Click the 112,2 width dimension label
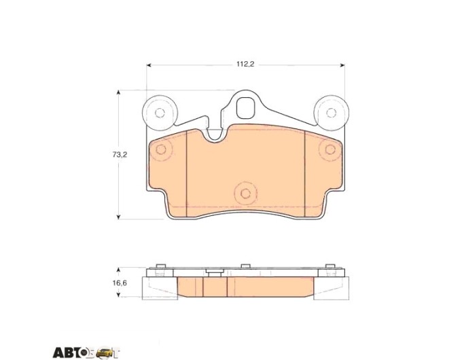pos(245,65)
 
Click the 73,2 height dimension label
pos(120,154)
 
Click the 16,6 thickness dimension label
pos(120,283)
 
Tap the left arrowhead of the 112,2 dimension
pos(149,65)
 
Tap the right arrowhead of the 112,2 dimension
pos(342,65)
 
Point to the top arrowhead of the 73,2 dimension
pos(118,92)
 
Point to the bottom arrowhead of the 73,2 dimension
pos(118,217)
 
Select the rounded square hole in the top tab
pos(246,108)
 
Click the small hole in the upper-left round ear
pos(160,113)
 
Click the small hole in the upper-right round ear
pos(331,113)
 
